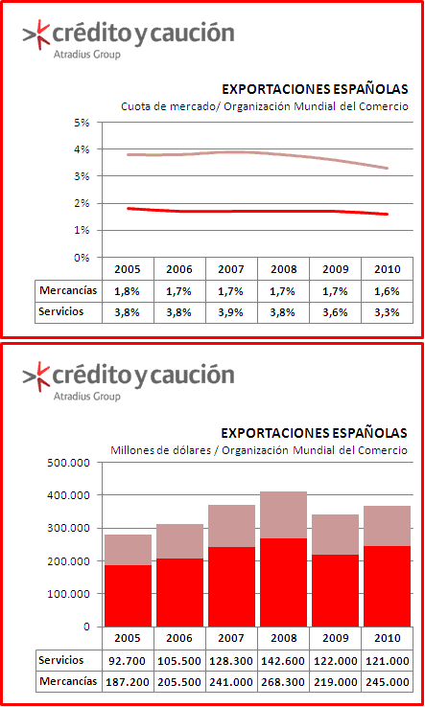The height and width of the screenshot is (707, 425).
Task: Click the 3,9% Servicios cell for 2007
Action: click(x=232, y=312)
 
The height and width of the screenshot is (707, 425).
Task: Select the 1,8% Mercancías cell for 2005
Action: click(x=128, y=291)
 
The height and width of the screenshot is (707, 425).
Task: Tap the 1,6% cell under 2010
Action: click(x=387, y=291)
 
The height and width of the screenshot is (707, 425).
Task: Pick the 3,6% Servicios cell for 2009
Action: click(x=335, y=312)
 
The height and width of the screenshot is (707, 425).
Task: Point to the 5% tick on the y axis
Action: click(x=83, y=123)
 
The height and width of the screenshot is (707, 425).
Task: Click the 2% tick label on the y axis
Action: click(x=83, y=203)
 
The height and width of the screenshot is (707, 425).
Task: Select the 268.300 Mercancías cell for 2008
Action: click(x=283, y=682)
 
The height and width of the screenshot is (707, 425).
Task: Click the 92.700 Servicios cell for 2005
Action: click(x=128, y=661)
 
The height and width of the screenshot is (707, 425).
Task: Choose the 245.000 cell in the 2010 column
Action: click(x=387, y=682)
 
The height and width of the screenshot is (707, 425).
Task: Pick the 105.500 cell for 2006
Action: click(x=179, y=661)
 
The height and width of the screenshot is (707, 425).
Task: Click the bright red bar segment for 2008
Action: click(x=283, y=582)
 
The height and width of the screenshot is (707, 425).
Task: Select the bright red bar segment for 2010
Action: click(x=387, y=586)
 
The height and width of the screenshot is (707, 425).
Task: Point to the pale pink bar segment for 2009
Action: click(x=335, y=535)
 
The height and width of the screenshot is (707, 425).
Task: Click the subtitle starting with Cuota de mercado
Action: click(x=264, y=107)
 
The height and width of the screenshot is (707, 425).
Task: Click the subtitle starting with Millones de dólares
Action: click(x=259, y=450)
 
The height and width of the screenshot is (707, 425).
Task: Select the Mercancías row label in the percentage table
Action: click(x=68, y=291)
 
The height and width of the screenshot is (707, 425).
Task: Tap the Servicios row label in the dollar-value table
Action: click(x=61, y=661)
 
